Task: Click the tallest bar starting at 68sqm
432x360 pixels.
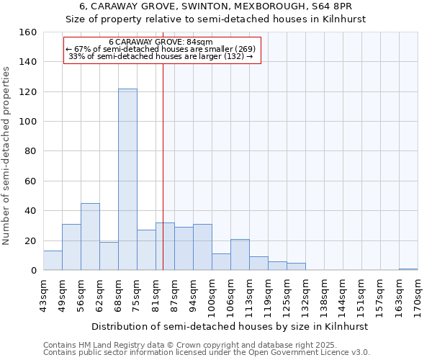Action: tap(127, 179)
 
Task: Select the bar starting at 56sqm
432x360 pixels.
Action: tap(90, 237)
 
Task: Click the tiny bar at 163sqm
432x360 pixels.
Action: tap(408, 269)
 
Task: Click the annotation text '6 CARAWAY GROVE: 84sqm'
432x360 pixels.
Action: tap(161, 42)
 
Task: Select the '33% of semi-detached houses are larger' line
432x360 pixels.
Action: tap(161, 57)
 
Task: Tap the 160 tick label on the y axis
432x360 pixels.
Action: tap(28, 32)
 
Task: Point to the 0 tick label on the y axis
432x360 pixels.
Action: tap(34, 271)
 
